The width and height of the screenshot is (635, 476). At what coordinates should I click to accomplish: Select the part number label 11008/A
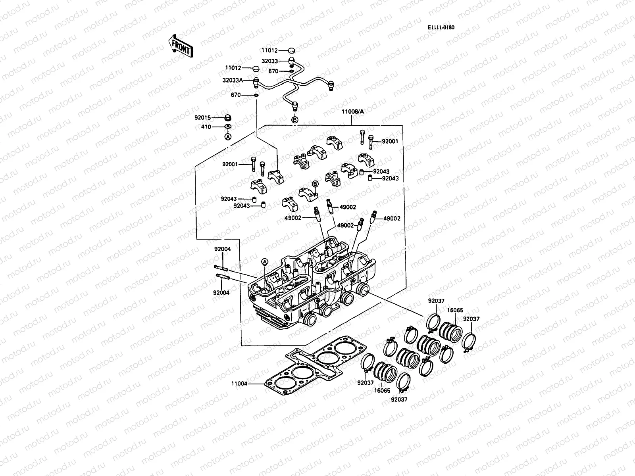click(x=352, y=111)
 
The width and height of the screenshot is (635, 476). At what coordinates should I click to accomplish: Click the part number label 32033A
click(x=233, y=80)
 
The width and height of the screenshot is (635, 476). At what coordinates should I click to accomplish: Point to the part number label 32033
click(x=269, y=61)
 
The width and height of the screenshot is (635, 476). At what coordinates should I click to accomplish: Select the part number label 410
click(x=206, y=127)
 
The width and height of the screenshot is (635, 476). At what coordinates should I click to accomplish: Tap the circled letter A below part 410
click(x=228, y=136)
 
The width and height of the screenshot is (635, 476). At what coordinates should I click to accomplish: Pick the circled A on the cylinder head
click(x=265, y=261)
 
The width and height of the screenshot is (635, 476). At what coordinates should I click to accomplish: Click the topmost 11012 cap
click(x=292, y=50)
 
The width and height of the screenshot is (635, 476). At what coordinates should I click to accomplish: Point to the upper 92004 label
click(x=222, y=249)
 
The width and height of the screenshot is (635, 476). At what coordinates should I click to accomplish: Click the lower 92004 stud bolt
click(x=222, y=276)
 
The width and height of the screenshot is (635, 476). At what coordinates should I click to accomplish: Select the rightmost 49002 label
click(x=392, y=219)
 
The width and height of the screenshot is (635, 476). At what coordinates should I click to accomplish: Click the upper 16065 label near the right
click(x=456, y=311)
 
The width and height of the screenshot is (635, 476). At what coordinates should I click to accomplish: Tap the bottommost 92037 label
click(x=399, y=399)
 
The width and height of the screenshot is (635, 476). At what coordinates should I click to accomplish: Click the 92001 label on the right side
click(x=390, y=141)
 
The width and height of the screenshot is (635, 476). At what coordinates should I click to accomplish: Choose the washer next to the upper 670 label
click(x=292, y=71)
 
